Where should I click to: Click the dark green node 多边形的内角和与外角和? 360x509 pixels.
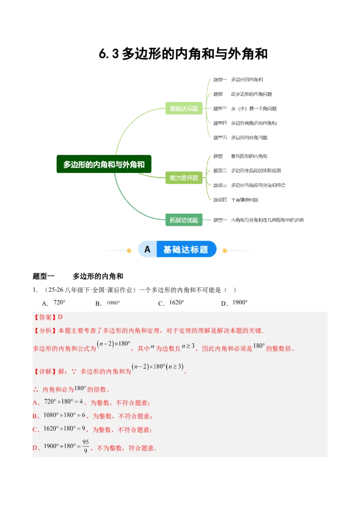coord(104,165)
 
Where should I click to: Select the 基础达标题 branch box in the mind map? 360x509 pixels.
coord(183,108)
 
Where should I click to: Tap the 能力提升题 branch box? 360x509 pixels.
coord(183,178)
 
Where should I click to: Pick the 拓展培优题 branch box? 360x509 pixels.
coord(183,220)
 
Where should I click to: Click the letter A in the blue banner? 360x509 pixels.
coord(147,250)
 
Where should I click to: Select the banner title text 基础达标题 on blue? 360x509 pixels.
coord(185,250)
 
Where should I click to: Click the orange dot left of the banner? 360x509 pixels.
coord(129,250)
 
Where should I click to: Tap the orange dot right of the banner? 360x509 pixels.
coord(225,250)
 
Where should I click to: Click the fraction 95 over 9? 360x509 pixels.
coord(85,446)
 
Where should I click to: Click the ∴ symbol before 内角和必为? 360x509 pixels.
coord(36,389)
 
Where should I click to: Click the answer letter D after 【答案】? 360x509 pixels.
coord(60,317)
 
